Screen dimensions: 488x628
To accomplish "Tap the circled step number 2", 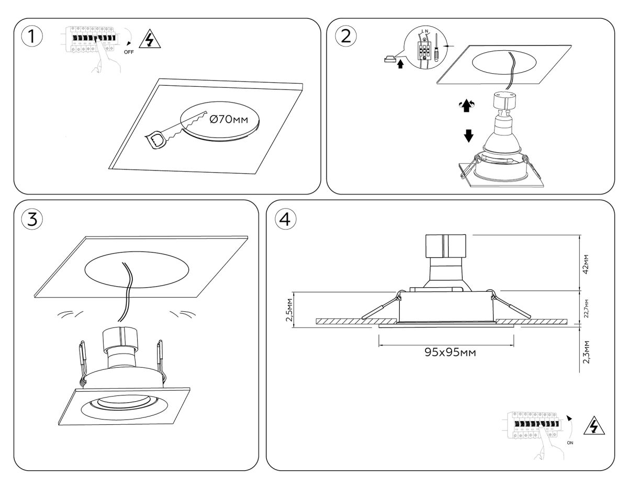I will click(x=346, y=36).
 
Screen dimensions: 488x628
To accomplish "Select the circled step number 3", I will click(x=32, y=219).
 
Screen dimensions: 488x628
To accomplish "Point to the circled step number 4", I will click(x=285, y=219).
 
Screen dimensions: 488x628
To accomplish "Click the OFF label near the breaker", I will click(x=129, y=52).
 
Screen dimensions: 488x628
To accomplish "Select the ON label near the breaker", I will click(x=570, y=442).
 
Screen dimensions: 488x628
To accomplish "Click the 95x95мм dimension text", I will click(x=446, y=352).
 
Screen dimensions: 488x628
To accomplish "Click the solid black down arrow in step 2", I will click(x=468, y=136).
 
